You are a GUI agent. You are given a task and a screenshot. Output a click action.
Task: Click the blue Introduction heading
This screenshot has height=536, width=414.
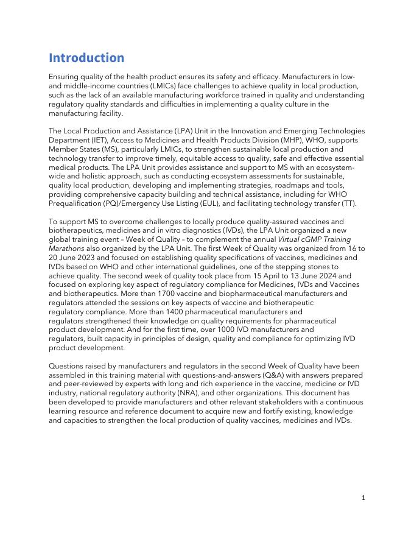click(x=86, y=58)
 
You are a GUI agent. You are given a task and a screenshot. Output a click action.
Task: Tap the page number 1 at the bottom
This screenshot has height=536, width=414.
click(x=363, y=498)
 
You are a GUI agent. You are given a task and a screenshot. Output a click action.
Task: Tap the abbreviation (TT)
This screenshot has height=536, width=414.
click(x=348, y=203)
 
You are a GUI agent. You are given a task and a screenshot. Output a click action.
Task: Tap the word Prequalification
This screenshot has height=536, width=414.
click(x=79, y=203)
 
